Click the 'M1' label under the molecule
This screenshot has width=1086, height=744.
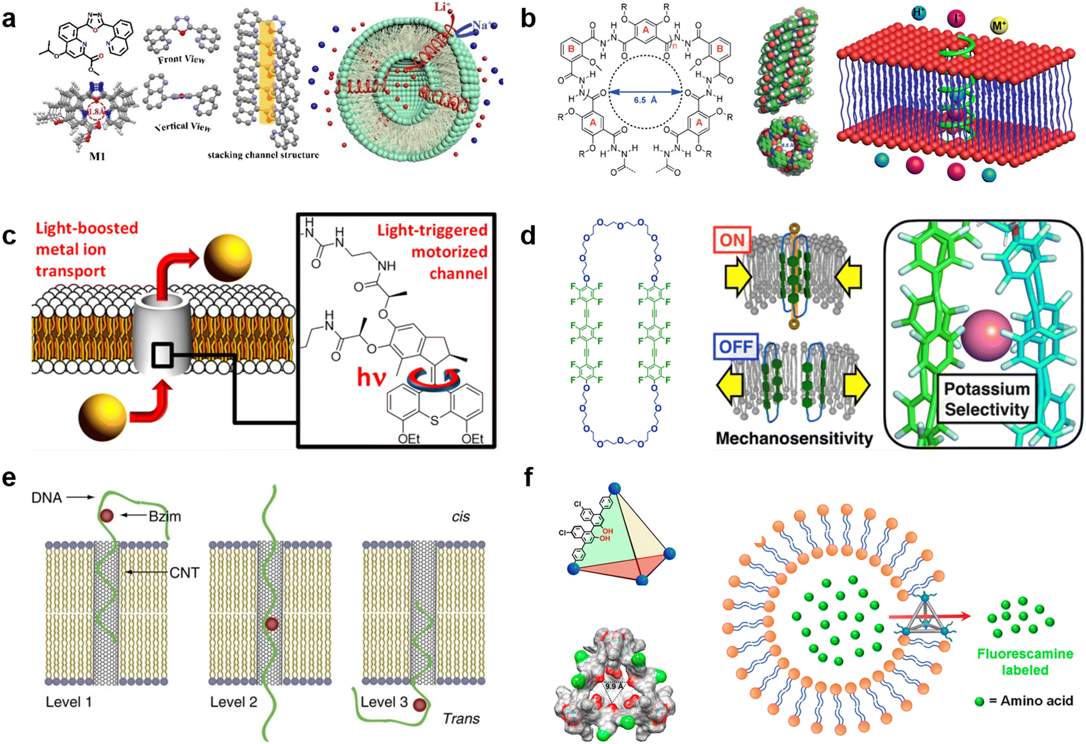[x=97, y=157]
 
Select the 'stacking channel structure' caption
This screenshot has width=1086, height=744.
[x=263, y=155]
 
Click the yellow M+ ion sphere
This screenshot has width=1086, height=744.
[x=999, y=25]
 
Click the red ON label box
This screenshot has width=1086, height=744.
[x=732, y=240]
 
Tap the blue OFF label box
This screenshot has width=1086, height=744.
[x=735, y=347]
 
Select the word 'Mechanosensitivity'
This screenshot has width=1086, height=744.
[x=794, y=438]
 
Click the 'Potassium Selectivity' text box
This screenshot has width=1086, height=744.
[x=986, y=398]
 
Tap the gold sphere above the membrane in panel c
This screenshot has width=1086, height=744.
[x=228, y=258]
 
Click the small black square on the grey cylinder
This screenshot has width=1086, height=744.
[x=162, y=355]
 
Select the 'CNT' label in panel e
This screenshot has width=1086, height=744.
[x=184, y=573]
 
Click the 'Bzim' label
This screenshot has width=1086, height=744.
[x=165, y=516]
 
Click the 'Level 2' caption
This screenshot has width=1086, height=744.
[x=233, y=702]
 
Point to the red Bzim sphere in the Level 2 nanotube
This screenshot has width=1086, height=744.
[x=271, y=624]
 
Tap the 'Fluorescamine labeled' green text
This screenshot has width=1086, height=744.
[x=1025, y=662]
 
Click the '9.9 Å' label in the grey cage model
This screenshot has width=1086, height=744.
[x=612, y=687]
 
